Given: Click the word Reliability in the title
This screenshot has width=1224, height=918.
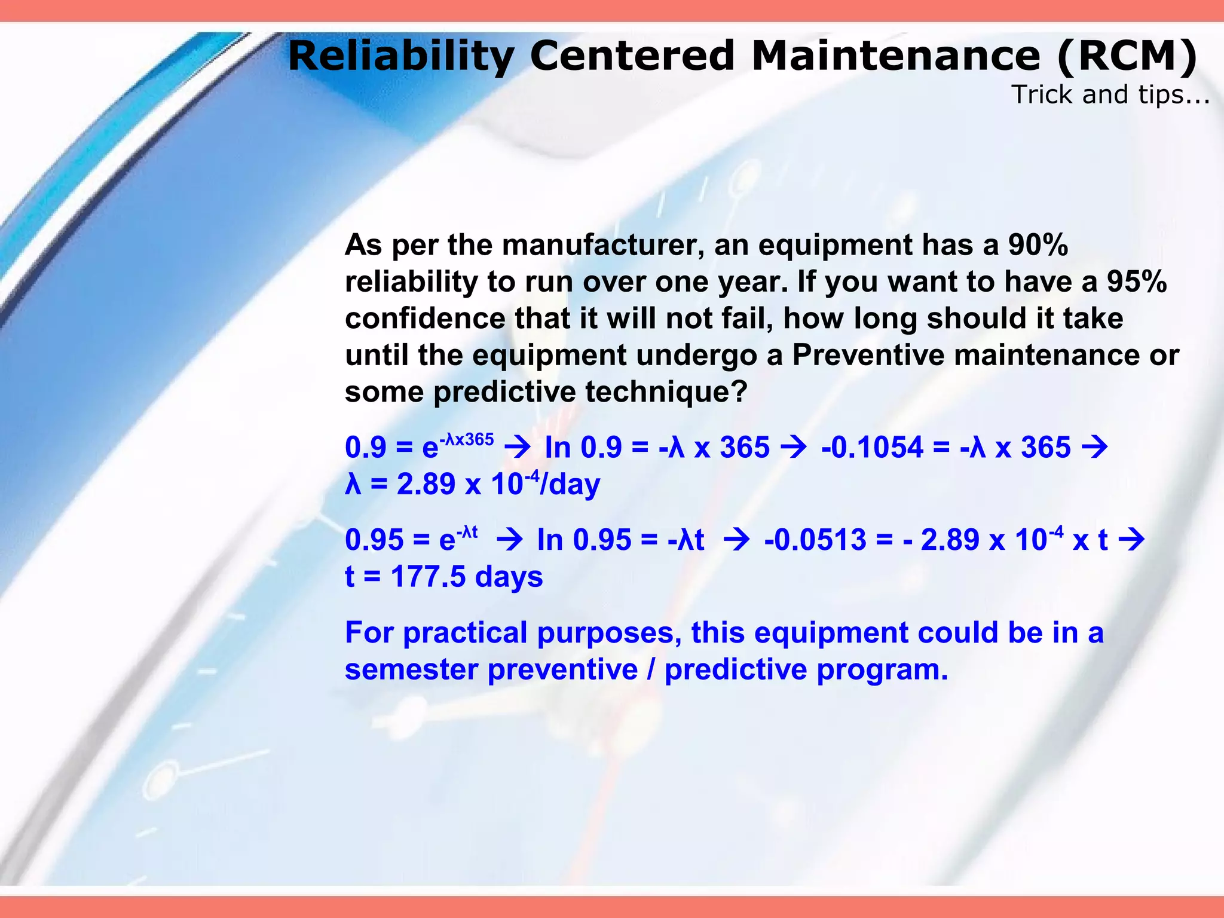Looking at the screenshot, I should tap(400, 56).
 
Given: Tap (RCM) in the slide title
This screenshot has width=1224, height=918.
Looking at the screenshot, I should tap(1127, 56).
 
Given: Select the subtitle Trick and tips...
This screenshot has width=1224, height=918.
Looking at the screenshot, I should tap(1110, 94).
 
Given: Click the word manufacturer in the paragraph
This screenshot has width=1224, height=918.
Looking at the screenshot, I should tap(604, 245).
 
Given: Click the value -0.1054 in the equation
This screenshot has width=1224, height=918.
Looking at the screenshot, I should tap(872, 447).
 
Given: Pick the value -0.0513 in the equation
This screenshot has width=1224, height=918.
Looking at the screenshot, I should tap(815, 540).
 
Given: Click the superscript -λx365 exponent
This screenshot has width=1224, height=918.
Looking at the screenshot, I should tap(467, 440).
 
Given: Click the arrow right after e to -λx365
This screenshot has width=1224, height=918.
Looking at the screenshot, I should tap(518, 447).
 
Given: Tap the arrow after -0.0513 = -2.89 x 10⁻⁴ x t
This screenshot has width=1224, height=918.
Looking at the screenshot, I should tap(1131, 540).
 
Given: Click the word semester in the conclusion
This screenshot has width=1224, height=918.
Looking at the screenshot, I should tap(412, 669).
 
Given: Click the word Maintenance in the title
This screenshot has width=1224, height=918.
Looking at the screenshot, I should tap(895, 56).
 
